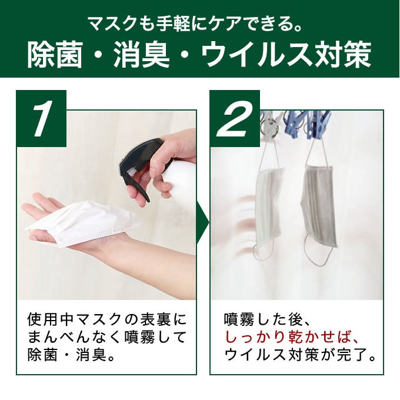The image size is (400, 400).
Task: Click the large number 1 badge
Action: click(41, 118)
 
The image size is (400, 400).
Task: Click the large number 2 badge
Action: click(235, 118)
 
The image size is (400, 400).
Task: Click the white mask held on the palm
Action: click(84, 222)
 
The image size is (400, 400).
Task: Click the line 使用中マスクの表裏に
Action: click(106, 319)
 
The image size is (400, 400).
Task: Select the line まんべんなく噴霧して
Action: click(106, 337)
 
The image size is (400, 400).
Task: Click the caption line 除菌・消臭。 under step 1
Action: click(71, 355)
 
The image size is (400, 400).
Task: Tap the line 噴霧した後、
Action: click(267, 319)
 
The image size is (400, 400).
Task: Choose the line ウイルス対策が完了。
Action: click(301, 355)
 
